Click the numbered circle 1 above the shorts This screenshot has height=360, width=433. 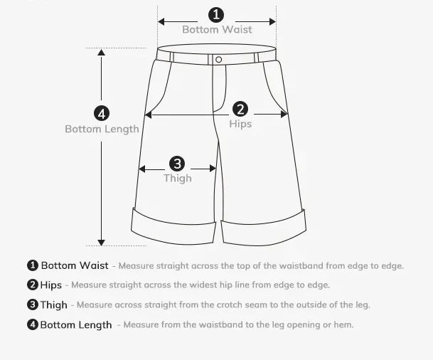[216, 15]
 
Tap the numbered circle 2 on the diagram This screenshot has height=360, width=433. [240, 109]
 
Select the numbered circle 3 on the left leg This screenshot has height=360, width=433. [177, 164]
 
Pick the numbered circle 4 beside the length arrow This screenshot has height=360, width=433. [102, 114]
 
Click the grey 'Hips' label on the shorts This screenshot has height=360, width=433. [240, 124]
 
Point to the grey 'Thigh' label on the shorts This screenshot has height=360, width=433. [178, 178]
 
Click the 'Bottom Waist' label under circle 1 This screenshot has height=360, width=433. [217, 30]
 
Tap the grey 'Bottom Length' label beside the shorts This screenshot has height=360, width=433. [102, 129]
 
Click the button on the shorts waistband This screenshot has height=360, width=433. [218, 59]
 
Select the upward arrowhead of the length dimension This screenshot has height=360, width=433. [102, 53]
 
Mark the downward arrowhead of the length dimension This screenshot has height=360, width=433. [102, 243]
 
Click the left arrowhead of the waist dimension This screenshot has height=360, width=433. [161, 21]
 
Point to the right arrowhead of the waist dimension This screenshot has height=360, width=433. [272, 21]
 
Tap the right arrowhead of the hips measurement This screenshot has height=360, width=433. [284, 114]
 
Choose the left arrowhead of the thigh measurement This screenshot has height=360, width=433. [142, 169]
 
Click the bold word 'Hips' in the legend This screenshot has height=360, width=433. [50, 285]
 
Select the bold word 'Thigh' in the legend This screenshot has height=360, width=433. [53, 305]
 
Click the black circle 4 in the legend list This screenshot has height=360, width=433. [33, 324]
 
